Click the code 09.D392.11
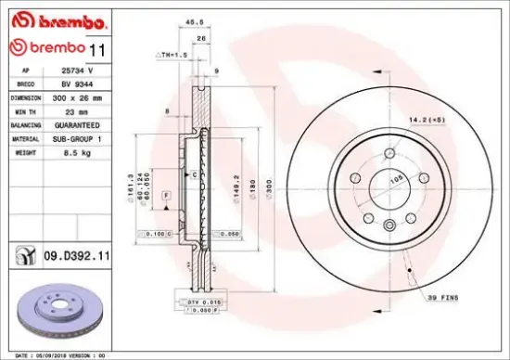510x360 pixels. point(76,252)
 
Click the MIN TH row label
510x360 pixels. point(25,109)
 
